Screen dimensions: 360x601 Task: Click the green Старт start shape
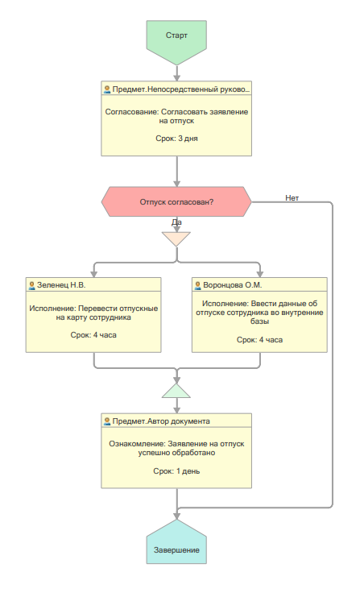176,41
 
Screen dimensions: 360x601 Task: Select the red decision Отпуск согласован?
176,201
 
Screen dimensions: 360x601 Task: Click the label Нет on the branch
292,197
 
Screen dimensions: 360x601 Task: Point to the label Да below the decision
176,222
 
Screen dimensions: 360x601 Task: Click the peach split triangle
176,238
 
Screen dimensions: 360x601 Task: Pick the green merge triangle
176,392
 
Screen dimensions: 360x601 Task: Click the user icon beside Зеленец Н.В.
31,285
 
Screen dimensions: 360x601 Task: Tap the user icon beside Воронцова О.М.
197,285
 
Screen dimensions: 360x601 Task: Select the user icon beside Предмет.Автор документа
107,421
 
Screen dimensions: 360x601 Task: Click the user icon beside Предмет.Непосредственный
107,89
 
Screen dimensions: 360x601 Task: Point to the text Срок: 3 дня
176,139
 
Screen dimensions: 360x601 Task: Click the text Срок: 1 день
176,471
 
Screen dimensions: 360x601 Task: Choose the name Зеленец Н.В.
61,285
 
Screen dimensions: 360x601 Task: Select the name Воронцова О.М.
233,285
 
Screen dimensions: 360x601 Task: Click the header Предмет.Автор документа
161,421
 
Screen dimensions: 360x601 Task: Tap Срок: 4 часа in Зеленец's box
93,335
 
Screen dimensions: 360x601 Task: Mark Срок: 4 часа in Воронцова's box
259,340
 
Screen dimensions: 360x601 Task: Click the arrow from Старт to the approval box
176,73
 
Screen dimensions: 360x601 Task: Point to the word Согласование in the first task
131,112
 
